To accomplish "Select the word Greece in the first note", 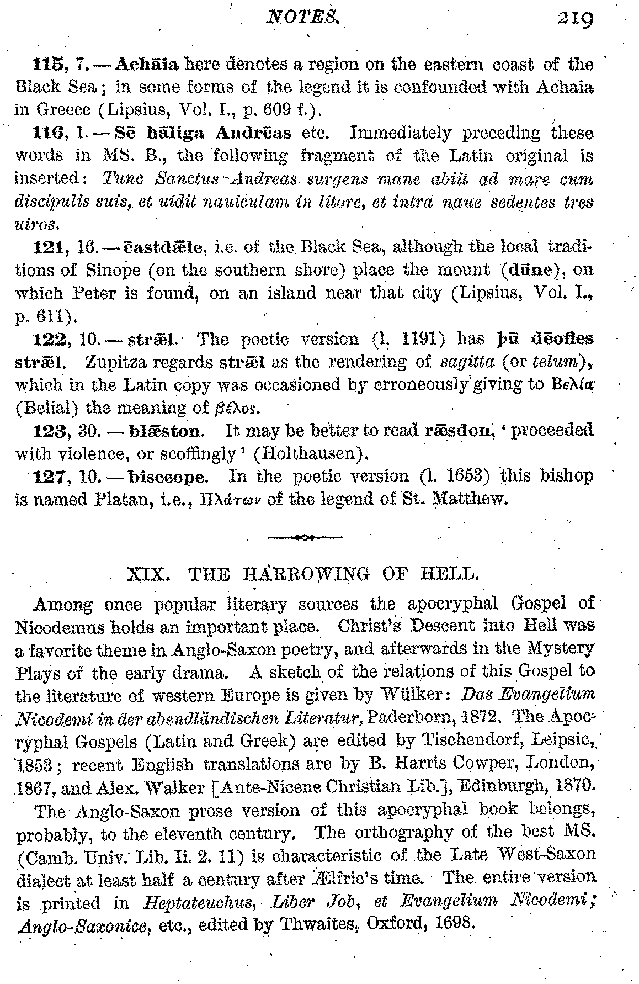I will coord(63,110).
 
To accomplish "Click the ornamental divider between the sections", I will coord(303,536).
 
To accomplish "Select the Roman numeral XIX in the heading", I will coord(145,574).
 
